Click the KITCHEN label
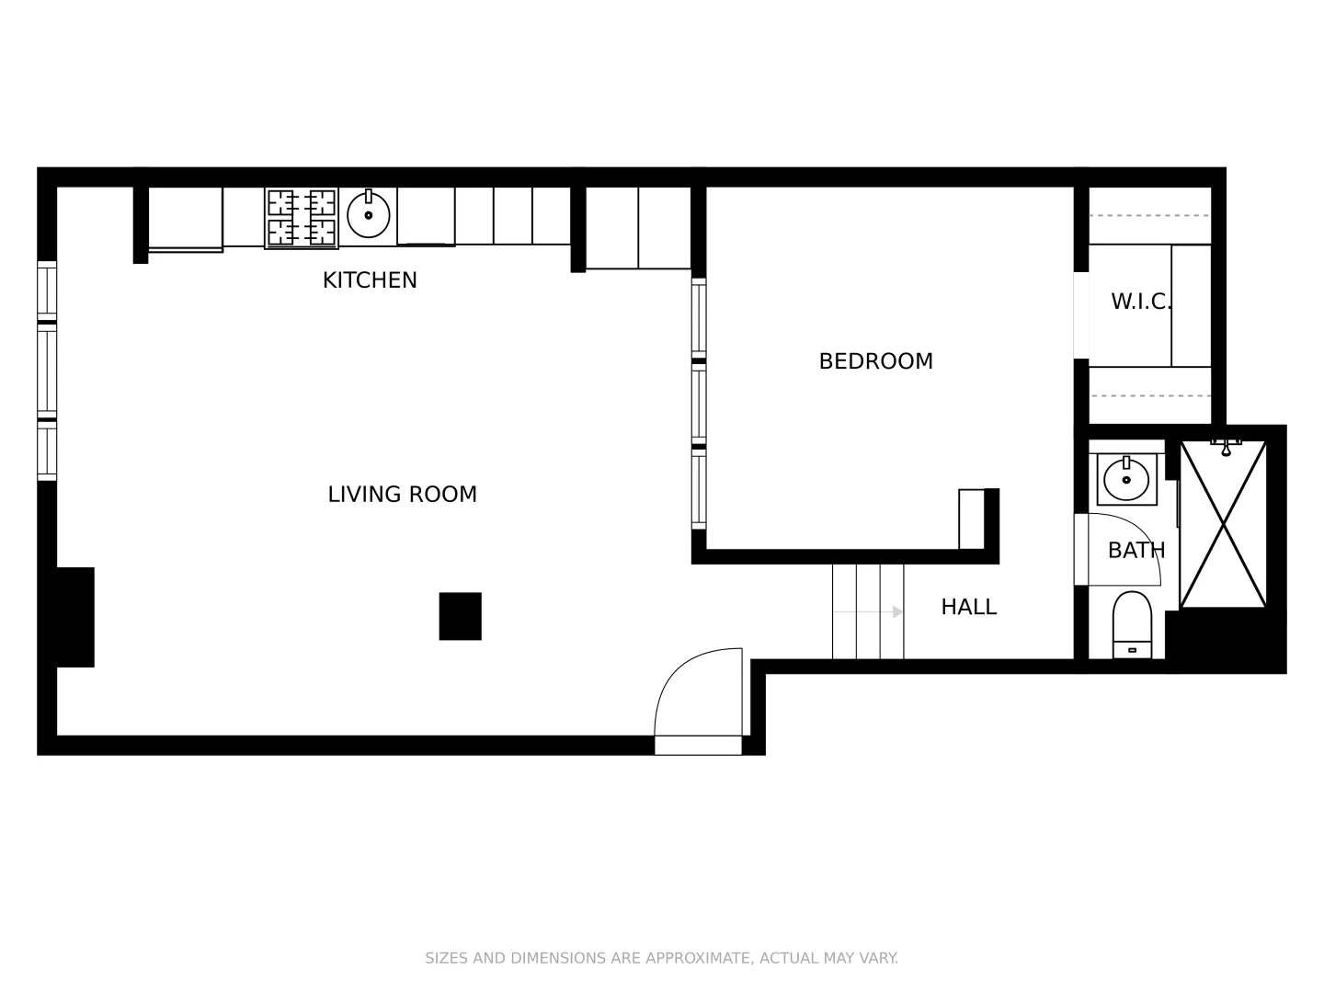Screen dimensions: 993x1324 click(x=370, y=280)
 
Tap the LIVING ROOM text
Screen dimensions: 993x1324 click(x=402, y=495)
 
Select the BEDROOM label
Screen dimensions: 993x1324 click(x=875, y=361)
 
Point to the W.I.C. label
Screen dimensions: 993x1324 click(x=1140, y=302)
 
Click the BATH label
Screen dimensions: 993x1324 click(x=1136, y=551)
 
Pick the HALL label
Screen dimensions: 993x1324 click(x=968, y=607)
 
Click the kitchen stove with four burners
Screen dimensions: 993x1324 click(x=302, y=218)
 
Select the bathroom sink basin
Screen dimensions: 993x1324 click(x=1126, y=479)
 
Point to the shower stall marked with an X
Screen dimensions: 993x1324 click(x=1223, y=524)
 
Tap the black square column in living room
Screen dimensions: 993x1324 click(x=460, y=616)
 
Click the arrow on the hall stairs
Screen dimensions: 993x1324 click(x=896, y=612)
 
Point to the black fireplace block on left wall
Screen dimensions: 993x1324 click(x=75, y=617)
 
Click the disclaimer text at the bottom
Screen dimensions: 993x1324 click(x=661, y=958)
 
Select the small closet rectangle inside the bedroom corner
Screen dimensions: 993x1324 click(x=971, y=519)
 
